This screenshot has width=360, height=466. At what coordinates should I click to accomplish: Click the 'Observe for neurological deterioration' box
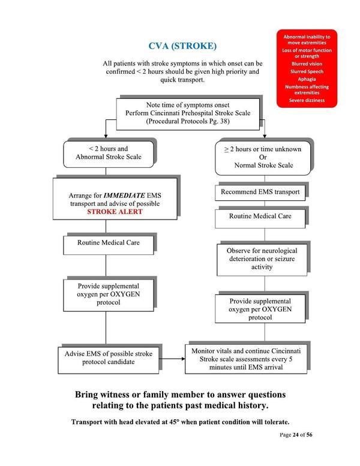[262, 257]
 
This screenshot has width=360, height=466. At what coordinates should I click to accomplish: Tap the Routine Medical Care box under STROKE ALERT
[105, 244]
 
